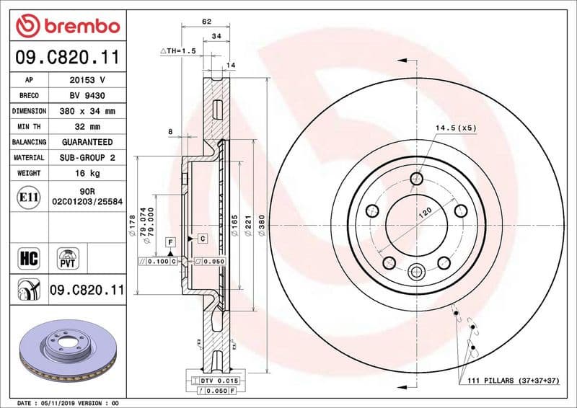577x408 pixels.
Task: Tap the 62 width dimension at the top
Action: coord(206,22)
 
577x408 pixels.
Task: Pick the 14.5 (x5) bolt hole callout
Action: coord(455,128)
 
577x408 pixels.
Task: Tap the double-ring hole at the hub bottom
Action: coord(417,272)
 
